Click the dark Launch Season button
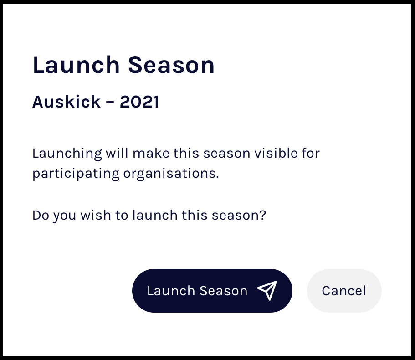(x=212, y=291)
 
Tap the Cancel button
(x=344, y=291)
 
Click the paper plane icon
(x=267, y=291)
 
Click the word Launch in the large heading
(x=76, y=65)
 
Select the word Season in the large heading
(x=171, y=65)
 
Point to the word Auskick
(x=67, y=102)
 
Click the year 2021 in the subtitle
(x=139, y=102)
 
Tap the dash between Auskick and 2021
(x=110, y=102)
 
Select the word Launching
(x=67, y=154)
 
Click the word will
(x=117, y=153)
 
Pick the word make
(x=151, y=153)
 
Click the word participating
(x=76, y=174)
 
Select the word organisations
(x=171, y=174)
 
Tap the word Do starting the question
(x=41, y=215)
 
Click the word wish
(x=96, y=215)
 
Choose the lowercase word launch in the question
(x=155, y=215)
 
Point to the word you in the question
(x=65, y=216)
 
